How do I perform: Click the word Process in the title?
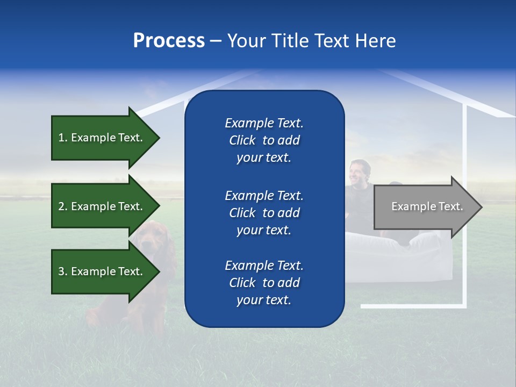click(x=169, y=41)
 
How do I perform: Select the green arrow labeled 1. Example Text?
click(x=102, y=138)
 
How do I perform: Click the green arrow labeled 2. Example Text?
click(x=102, y=206)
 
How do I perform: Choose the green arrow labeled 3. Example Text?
click(x=102, y=271)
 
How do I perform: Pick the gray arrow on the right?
click(x=425, y=206)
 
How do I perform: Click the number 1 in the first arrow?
click(x=61, y=138)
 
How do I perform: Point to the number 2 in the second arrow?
click(x=61, y=206)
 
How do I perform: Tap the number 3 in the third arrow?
click(x=61, y=271)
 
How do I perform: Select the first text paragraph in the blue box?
click(x=264, y=140)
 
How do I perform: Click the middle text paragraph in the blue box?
click(x=264, y=213)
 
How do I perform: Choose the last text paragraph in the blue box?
click(x=264, y=283)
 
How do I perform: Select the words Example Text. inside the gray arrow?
click(x=427, y=206)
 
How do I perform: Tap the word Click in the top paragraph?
click(x=242, y=140)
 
